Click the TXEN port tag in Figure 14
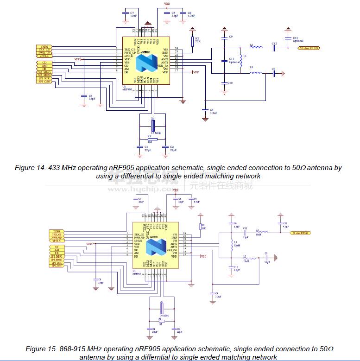pyautogui.click(x=44, y=47)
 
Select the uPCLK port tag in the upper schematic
pyautogui.click(x=44, y=57)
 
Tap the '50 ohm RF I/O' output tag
pyautogui.click(x=308, y=48)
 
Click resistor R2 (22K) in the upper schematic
pyautogui.click(x=192, y=41)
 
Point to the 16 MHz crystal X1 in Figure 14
pyautogui.click(x=152, y=126)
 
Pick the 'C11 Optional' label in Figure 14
pyautogui.click(x=234, y=61)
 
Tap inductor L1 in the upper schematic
pyautogui.click(x=240, y=63)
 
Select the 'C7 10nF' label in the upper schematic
pyautogui.click(x=133, y=14)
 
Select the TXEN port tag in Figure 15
pyautogui.click(x=57, y=230)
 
